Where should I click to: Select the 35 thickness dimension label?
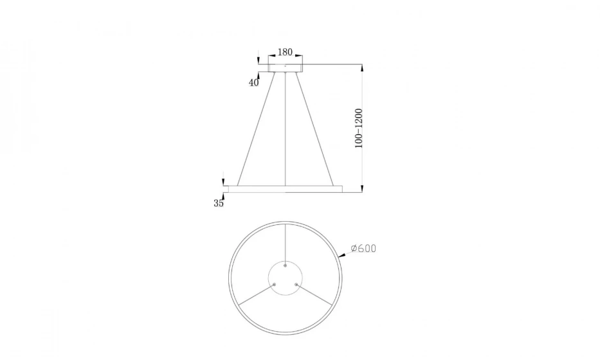[219, 203]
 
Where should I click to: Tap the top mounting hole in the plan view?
[286, 265]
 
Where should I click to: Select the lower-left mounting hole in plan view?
[275, 283]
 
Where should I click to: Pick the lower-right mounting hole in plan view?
[296, 283]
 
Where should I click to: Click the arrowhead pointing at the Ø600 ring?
[345, 255]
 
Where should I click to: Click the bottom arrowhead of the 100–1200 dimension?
[362, 188]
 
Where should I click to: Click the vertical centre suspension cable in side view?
[286, 129]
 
